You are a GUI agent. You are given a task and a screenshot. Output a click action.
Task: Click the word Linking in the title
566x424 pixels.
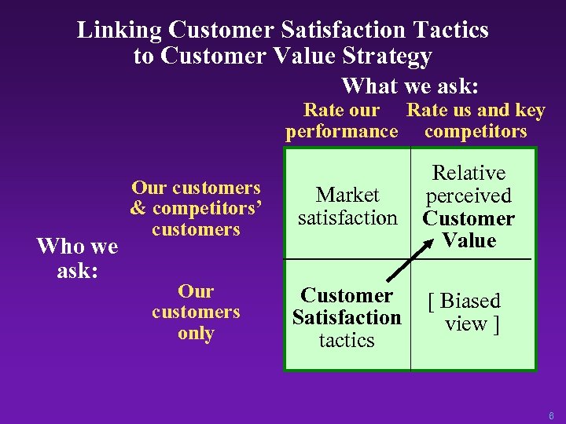point(119,31)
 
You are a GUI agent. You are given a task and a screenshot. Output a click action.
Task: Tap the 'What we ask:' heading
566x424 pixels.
point(410,85)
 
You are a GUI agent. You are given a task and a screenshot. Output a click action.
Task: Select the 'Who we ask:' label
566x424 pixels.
point(77,258)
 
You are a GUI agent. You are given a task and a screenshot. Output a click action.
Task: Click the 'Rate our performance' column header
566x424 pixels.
point(341,120)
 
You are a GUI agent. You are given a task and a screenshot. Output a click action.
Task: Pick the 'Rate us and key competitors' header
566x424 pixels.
point(476,120)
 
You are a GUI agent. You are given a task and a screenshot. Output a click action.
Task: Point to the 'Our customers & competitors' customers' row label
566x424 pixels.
point(196,209)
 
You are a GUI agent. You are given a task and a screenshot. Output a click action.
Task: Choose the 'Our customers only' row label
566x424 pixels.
point(196,313)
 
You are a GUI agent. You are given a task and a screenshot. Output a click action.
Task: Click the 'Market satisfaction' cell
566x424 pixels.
point(347,206)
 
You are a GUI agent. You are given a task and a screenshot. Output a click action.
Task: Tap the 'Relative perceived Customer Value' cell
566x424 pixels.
point(469,207)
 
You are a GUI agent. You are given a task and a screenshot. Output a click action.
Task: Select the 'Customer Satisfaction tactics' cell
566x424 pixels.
point(347,318)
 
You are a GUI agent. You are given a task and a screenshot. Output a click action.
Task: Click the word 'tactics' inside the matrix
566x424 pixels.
point(347,341)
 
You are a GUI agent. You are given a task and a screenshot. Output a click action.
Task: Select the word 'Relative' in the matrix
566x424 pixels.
point(469,173)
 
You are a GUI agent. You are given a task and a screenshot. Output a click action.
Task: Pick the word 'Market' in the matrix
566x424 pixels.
point(347,195)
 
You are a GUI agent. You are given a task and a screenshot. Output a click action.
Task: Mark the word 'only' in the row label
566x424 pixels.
point(196,334)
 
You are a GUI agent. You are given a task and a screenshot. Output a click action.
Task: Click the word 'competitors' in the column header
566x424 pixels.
point(476,131)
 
